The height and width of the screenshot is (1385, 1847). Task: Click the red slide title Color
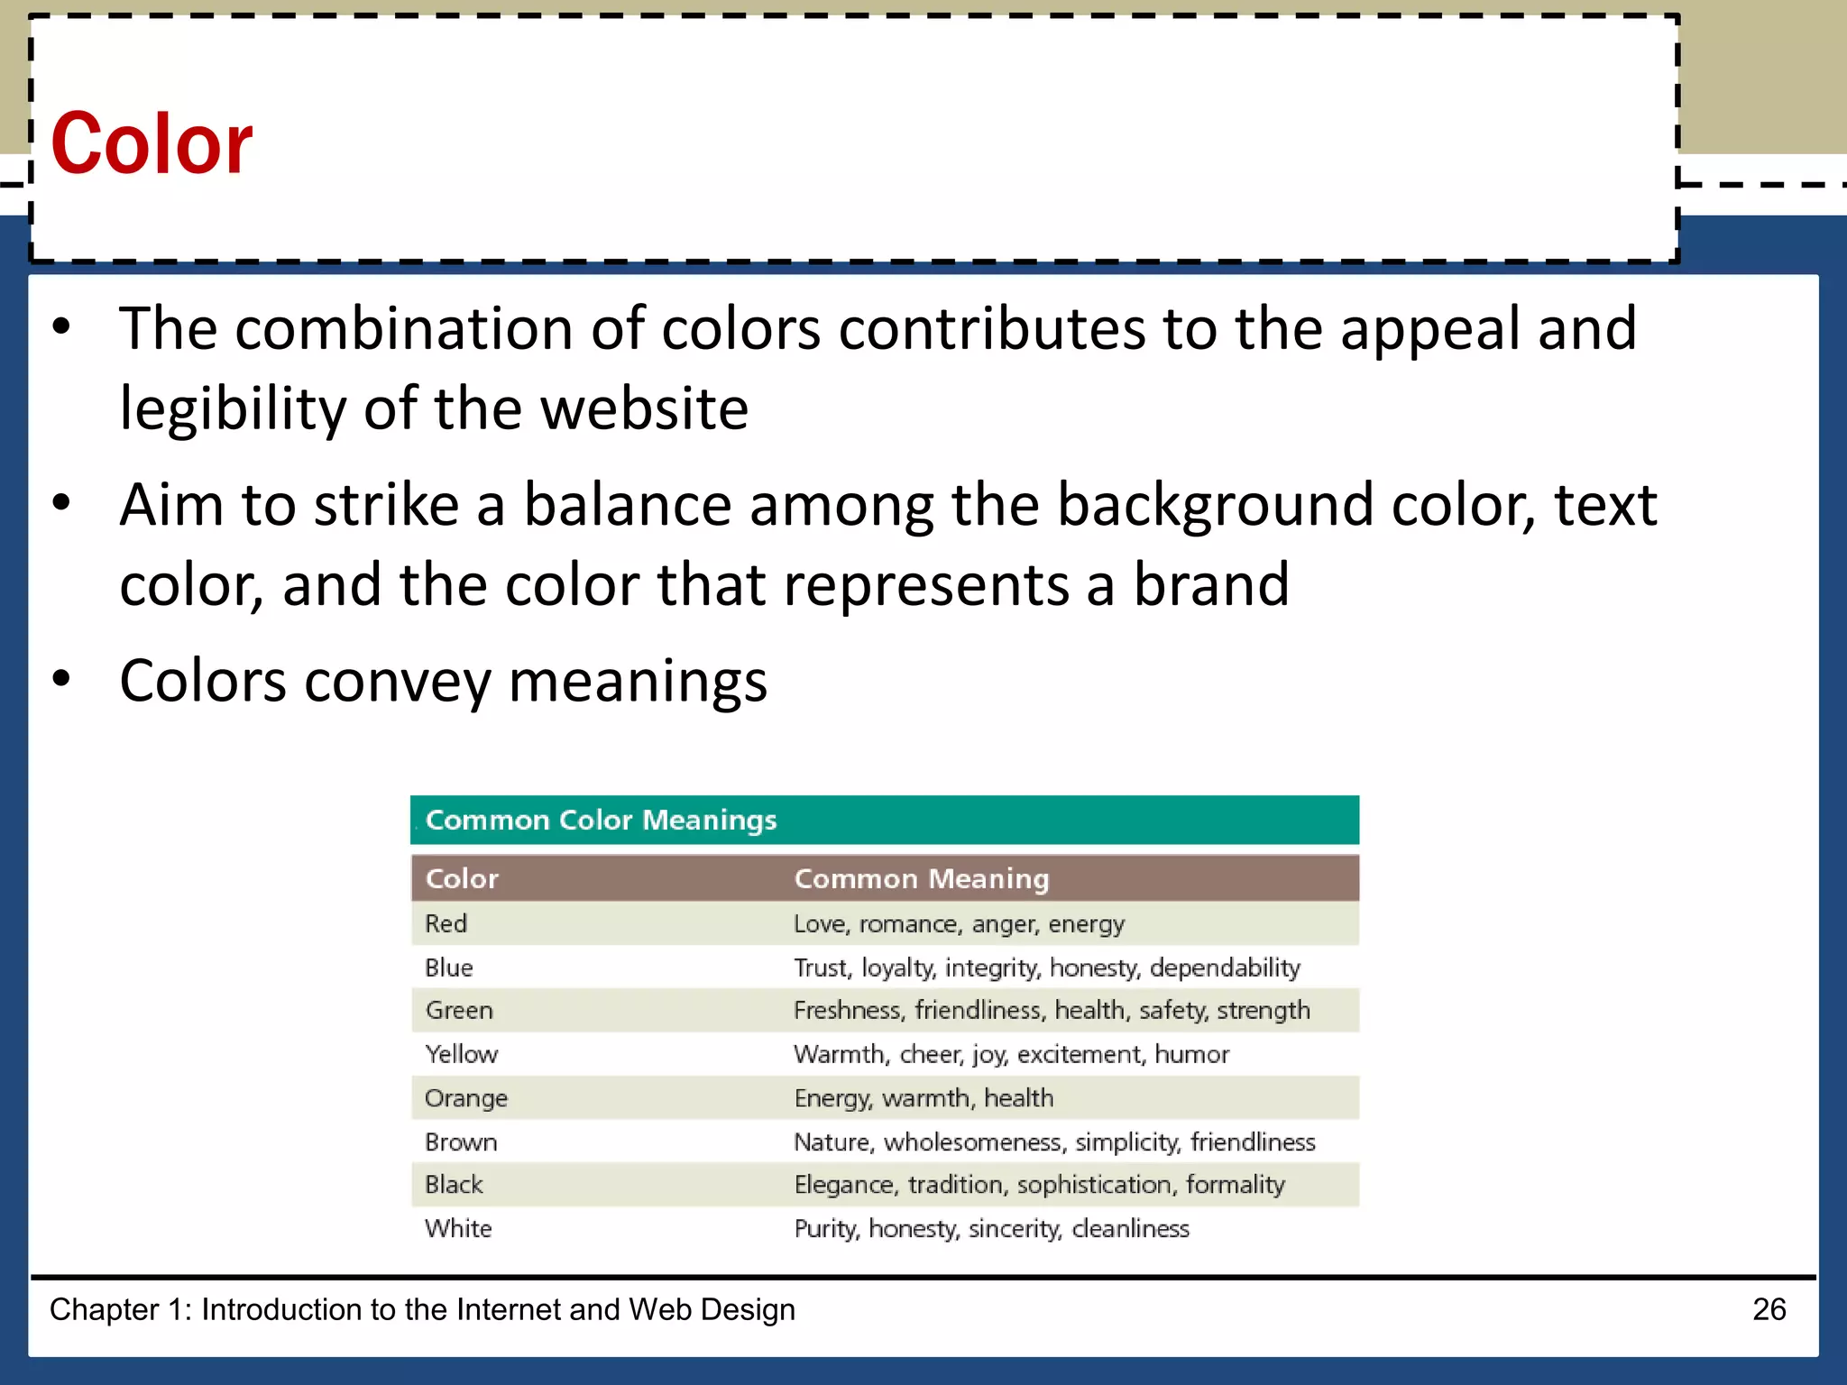click(x=152, y=144)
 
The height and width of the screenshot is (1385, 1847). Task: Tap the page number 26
click(x=1769, y=1309)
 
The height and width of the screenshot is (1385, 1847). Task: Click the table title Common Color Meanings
click(x=601, y=821)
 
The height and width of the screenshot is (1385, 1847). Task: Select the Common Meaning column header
click(x=921, y=879)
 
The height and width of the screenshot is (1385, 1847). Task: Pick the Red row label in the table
click(x=446, y=923)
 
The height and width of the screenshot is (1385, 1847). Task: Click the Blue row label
click(x=448, y=968)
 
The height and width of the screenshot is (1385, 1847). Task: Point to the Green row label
click(x=459, y=1010)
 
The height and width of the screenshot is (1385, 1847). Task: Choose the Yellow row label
click(x=461, y=1054)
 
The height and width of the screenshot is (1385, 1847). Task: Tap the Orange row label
click(x=466, y=1098)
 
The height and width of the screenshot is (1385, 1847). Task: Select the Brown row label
click(x=461, y=1142)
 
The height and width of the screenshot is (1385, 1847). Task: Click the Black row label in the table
click(x=454, y=1185)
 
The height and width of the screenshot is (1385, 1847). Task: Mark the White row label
click(x=458, y=1229)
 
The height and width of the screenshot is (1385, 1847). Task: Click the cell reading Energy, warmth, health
click(x=923, y=1098)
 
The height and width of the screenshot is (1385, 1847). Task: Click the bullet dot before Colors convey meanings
click(x=61, y=679)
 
